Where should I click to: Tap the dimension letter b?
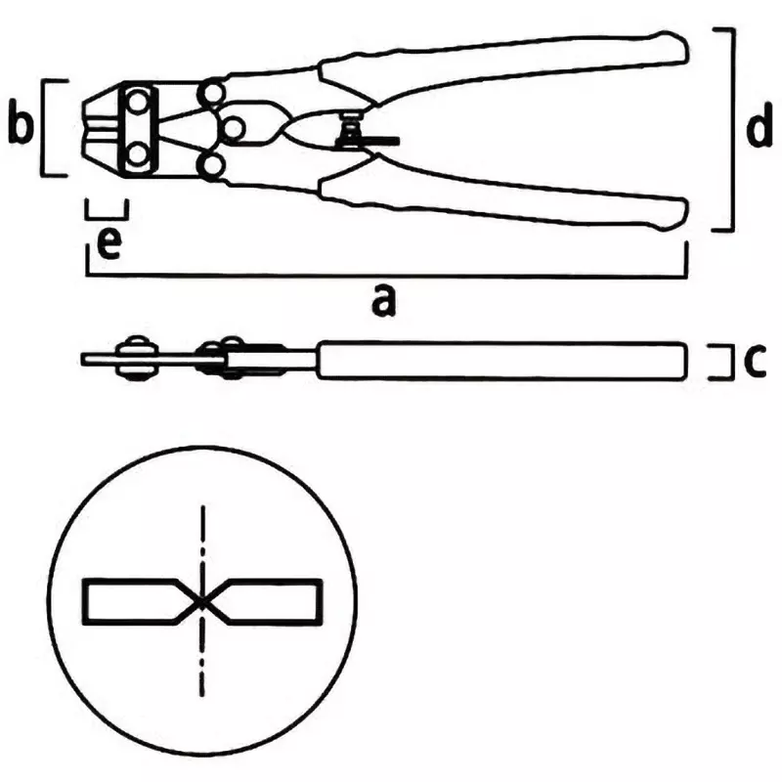point(21,124)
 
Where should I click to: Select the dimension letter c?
point(754,359)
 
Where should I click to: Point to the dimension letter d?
point(760,125)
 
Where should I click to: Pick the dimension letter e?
point(109,244)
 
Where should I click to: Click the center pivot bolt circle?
point(233,129)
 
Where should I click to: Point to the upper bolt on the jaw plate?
point(138,103)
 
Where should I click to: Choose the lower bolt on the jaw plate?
point(138,154)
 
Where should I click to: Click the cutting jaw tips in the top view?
point(100,127)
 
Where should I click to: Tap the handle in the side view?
point(501,361)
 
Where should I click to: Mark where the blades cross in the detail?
point(201,602)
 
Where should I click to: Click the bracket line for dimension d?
point(733,130)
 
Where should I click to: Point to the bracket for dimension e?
point(107,217)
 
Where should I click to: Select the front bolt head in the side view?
point(136,359)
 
